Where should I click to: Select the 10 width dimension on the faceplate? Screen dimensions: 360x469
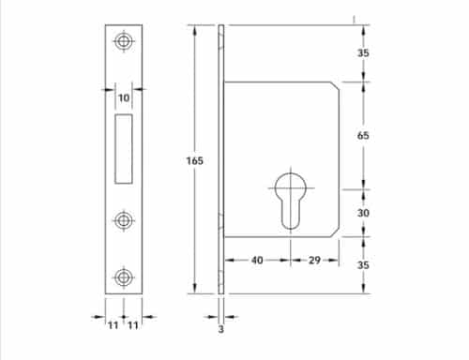[x=123, y=98]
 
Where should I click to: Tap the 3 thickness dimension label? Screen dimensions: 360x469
[x=221, y=329]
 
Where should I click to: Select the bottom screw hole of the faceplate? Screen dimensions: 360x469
[x=123, y=277]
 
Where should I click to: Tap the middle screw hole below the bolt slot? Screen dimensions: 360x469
[x=123, y=220]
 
